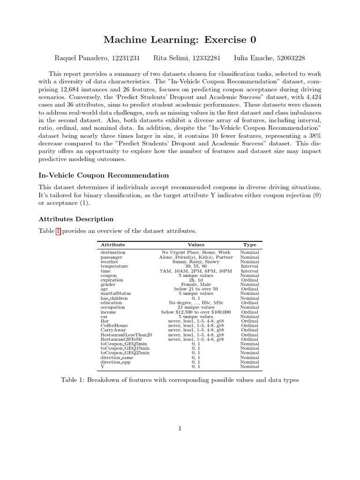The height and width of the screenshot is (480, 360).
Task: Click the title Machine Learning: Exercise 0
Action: (180, 40)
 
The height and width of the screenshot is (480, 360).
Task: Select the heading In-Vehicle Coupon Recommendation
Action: (104, 175)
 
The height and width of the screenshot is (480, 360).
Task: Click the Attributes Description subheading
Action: (75, 219)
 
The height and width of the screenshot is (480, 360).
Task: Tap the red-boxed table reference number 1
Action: (58, 231)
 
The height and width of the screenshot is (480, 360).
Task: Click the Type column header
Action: (249, 245)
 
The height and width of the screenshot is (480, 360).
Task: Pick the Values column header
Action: (196, 245)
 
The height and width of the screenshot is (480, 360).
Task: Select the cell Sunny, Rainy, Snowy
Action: (196, 262)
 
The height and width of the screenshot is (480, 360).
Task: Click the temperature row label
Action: (114, 266)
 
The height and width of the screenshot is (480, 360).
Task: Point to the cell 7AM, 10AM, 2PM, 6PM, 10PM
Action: (196, 271)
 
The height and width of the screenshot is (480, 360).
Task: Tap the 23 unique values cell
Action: (196, 307)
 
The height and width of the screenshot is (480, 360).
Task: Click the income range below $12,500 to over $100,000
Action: (196, 312)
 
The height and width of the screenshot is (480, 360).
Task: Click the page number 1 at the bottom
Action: (180, 428)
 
